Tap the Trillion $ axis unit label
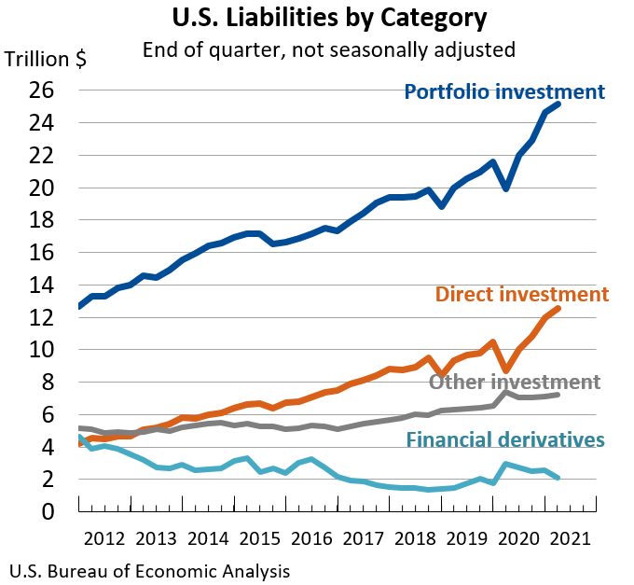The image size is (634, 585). [46, 59]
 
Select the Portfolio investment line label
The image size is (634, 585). [504, 91]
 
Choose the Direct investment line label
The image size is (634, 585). [521, 294]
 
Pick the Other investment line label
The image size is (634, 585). [514, 382]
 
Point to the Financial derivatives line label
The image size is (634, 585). [505, 439]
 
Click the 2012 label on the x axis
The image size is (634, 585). [103, 539]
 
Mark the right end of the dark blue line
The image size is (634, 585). [558, 104]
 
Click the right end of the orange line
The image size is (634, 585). [558, 308]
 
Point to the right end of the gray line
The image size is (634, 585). [558, 395]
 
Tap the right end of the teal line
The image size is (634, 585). [558, 477]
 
